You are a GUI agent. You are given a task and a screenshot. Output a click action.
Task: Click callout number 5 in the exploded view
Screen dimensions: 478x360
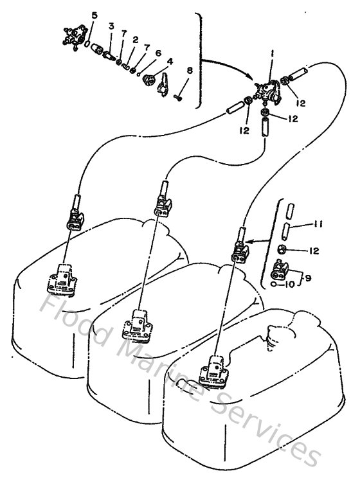pos(94,13)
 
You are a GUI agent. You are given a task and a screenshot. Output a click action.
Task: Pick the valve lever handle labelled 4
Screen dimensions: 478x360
pos(163,82)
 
